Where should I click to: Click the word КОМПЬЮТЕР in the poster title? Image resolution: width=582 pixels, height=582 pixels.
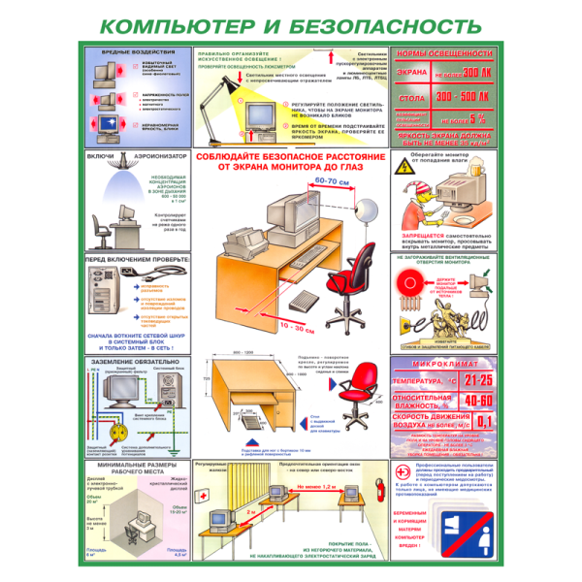click(x=180, y=23)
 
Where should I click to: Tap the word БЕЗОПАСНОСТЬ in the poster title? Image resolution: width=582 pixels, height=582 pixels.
click(x=388, y=23)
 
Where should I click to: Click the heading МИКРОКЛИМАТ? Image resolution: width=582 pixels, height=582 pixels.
click(x=444, y=365)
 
